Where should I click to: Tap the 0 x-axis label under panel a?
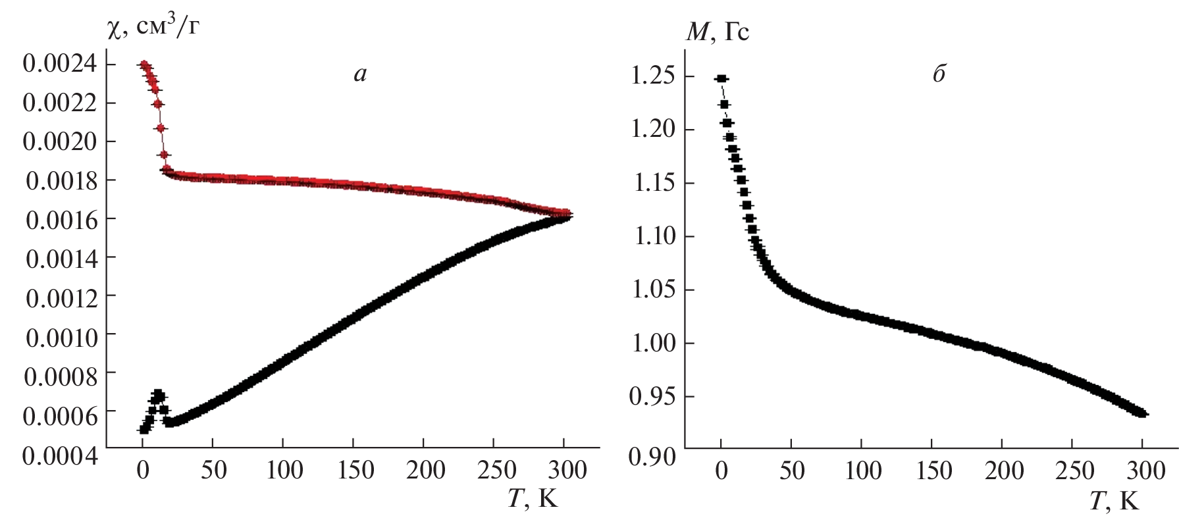142,470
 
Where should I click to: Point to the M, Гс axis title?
718,32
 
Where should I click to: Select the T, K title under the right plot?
1113,502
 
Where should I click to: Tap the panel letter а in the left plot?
359,74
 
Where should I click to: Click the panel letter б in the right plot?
939,73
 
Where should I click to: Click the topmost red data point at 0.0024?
143,65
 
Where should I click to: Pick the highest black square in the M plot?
721,78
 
